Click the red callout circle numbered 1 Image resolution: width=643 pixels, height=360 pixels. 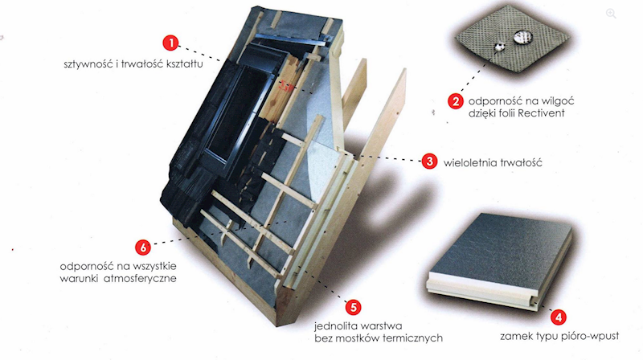pos(170,43)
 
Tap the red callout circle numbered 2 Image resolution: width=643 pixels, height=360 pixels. pos(456,101)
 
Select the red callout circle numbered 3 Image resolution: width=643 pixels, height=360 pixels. pos(429,162)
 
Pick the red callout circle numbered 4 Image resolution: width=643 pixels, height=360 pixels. pos(558,317)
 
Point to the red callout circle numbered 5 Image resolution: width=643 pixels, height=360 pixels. pos(353,307)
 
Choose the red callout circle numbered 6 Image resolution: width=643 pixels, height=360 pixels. pos(143,247)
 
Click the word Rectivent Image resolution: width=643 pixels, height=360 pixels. pos(541,113)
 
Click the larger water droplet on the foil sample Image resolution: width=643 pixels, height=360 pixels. pos(523,37)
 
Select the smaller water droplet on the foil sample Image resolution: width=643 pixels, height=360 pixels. pos(499,47)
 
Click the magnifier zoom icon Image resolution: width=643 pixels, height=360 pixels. pos(611,14)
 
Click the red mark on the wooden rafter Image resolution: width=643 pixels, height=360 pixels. pos(286,86)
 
